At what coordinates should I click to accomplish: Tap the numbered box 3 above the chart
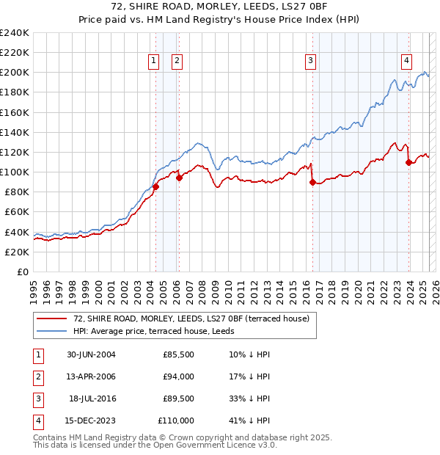[x=311, y=62]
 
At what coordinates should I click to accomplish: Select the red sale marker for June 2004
[x=156, y=186]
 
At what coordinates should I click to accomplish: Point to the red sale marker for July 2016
[x=312, y=183]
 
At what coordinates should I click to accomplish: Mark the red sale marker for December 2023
[x=408, y=162]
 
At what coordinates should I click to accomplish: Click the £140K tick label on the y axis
[x=15, y=133]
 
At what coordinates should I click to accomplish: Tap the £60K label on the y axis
[x=18, y=212]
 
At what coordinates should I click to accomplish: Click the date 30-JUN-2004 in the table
[x=91, y=354]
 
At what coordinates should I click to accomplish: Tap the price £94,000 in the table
[x=178, y=376]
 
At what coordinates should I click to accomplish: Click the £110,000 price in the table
[x=176, y=421]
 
